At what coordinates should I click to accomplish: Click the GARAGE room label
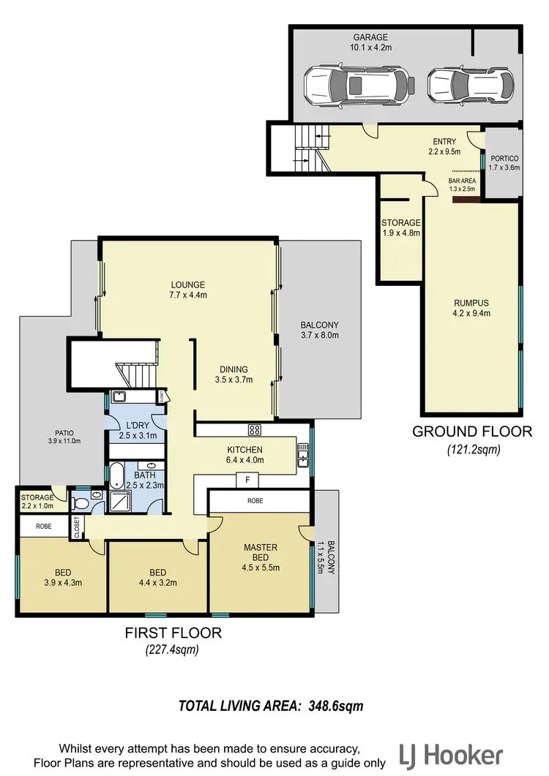pyautogui.click(x=370, y=37)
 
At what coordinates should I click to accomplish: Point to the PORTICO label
pyautogui.click(x=504, y=157)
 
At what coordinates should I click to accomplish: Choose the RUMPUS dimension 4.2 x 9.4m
pyautogui.click(x=471, y=313)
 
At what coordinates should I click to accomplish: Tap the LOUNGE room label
pyautogui.click(x=188, y=285)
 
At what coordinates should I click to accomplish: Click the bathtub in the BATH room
pyautogui.click(x=116, y=475)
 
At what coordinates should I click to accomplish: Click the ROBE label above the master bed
pyautogui.click(x=254, y=501)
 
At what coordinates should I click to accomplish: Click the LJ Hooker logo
pyautogui.click(x=452, y=755)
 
